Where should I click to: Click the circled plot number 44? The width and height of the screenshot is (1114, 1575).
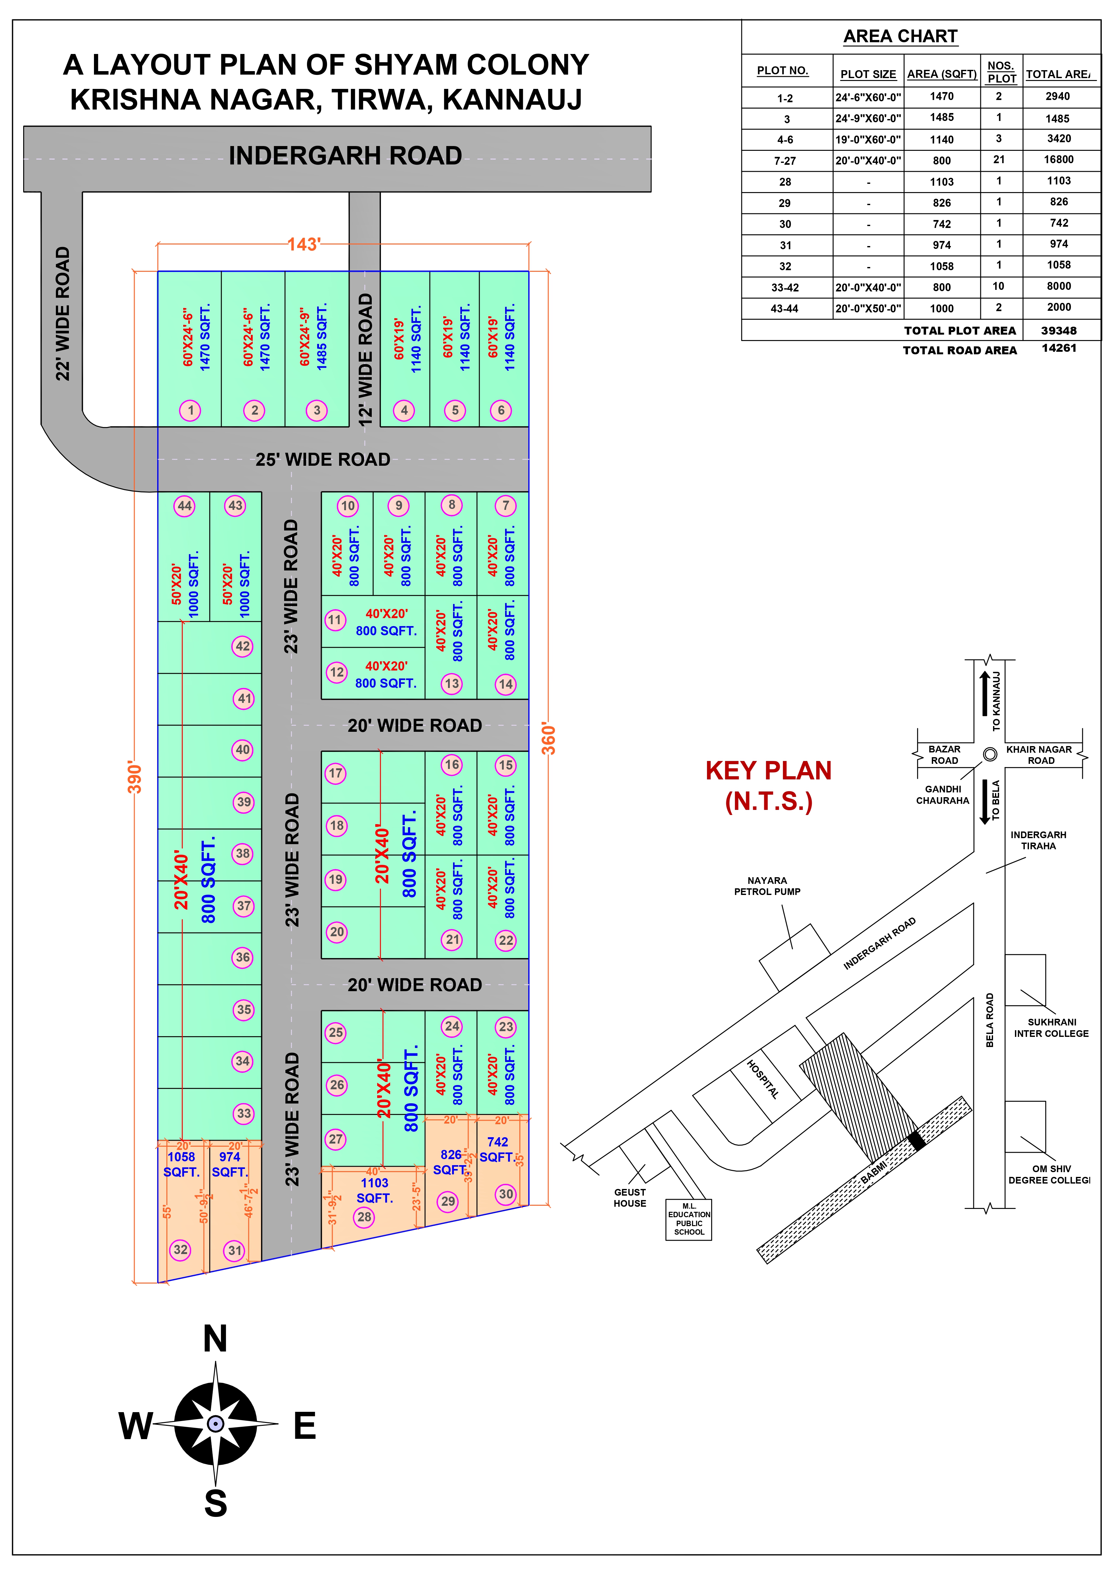(184, 506)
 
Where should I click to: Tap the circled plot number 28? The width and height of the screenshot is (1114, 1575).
(364, 1217)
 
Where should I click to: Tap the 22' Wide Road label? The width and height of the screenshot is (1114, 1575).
(63, 313)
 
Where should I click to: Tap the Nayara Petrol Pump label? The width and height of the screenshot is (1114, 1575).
(767, 885)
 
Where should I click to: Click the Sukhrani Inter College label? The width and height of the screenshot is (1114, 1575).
(1051, 1028)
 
